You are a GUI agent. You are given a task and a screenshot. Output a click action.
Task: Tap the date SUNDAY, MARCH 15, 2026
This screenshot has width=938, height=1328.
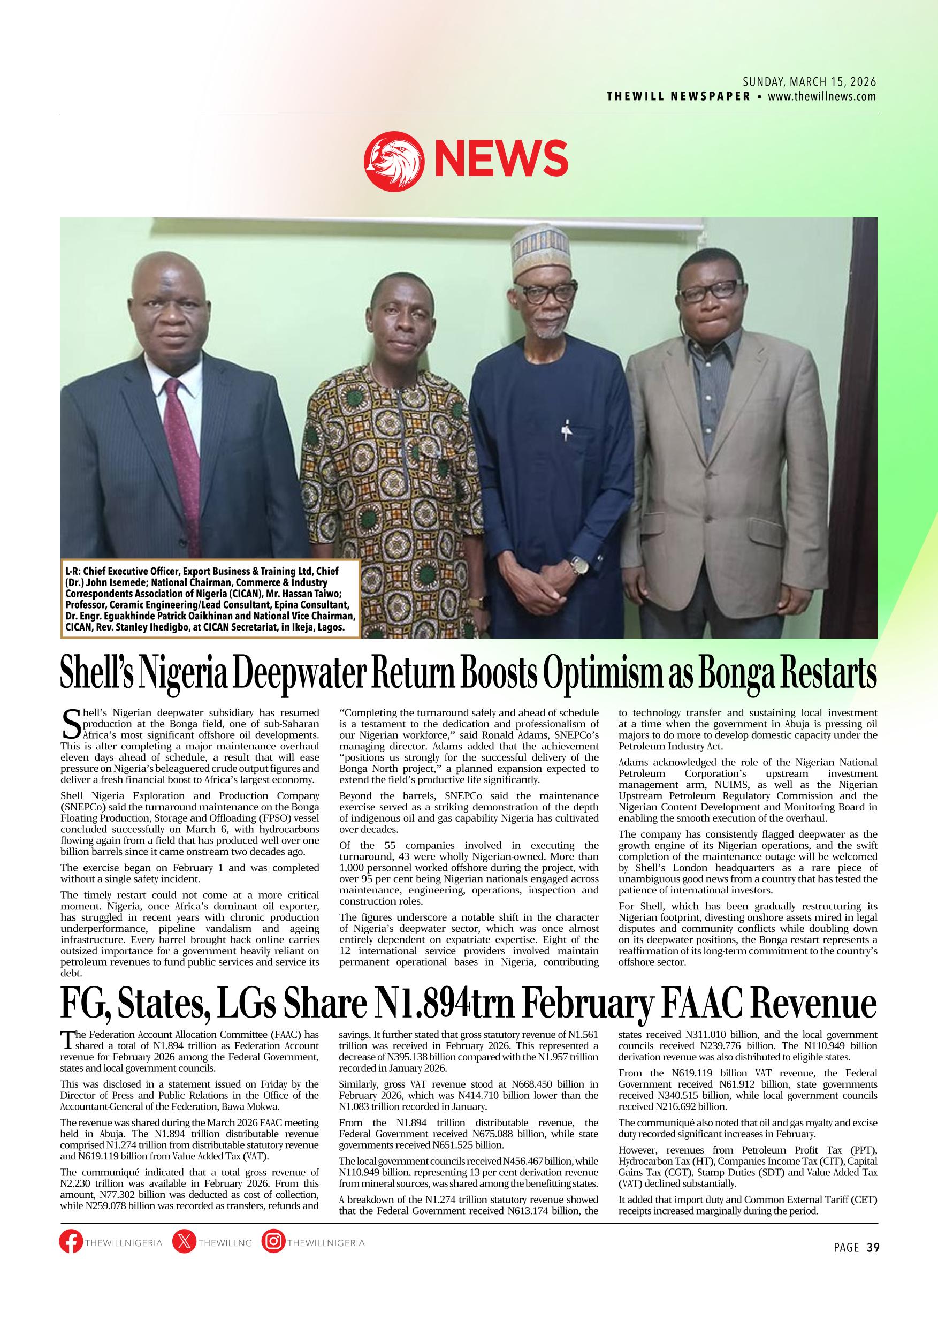point(810,81)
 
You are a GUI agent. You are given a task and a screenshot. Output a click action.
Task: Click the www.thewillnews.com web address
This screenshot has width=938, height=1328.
point(822,96)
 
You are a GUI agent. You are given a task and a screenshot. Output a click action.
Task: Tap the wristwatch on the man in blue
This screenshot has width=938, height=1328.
point(579,564)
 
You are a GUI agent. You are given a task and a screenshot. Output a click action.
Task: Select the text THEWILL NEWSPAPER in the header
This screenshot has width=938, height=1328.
point(678,96)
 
